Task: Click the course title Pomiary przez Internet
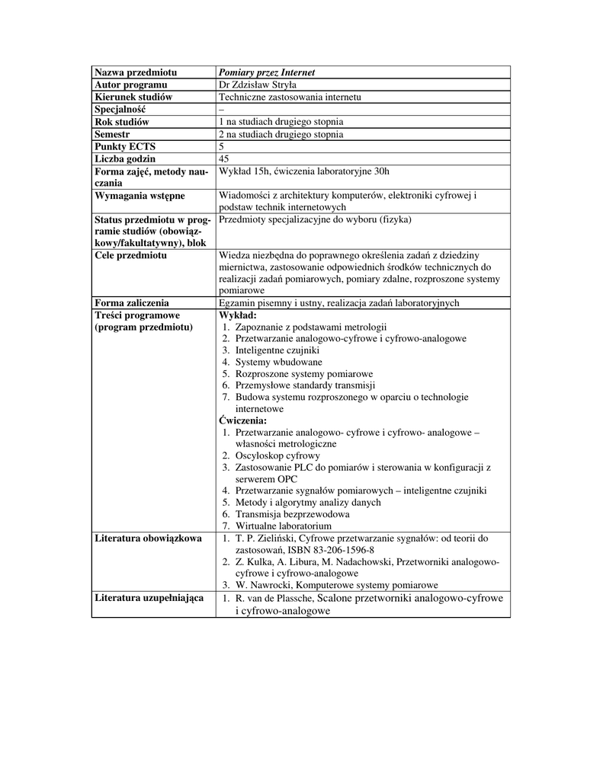click(x=266, y=72)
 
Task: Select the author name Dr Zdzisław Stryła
click(x=257, y=85)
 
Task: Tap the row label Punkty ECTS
click(x=125, y=146)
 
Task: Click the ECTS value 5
click(x=221, y=146)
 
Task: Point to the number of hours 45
click(x=224, y=158)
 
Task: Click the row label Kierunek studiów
click(x=133, y=97)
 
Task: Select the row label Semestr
click(x=113, y=134)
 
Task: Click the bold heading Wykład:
click(x=238, y=315)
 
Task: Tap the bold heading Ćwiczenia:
click(x=243, y=420)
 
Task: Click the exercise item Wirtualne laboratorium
click(x=283, y=526)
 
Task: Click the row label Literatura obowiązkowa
click(x=148, y=539)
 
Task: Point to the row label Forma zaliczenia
click(x=131, y=303)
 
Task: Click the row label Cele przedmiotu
click(x=130, y=255)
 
